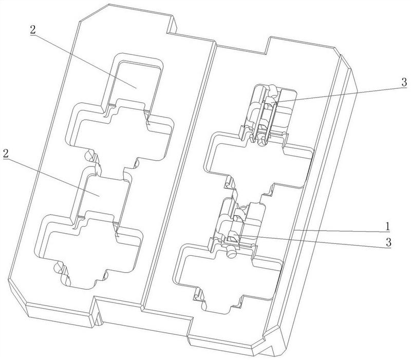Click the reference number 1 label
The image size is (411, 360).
(x=387, y=226)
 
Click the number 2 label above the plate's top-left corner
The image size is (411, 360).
(x=32, y=29)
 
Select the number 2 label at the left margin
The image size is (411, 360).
(x=6, y=153)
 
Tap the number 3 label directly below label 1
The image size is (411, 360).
(x=388, y=242)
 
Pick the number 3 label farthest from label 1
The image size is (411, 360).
(x=404, y=82)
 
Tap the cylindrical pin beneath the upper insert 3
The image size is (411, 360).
(x=261, y=141)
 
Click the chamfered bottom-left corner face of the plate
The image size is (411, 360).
(x=17, y=293)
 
